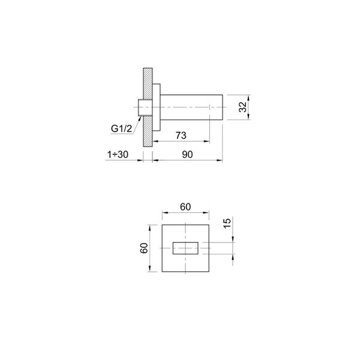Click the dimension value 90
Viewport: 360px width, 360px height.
pyautogui.click(x=187, y=154)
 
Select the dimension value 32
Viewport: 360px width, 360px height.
pyautogui.click(x=243, y=108)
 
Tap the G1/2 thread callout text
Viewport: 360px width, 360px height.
pyautogui.click(x=120, y=127)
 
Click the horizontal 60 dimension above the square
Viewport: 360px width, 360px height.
pyautogui.click(x=185, y=207)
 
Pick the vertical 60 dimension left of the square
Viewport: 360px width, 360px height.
pyautogui.click(x=144, y=248)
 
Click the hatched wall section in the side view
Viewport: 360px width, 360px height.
pyautogui.click(x=146, y=108)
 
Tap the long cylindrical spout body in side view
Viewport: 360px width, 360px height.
pyautogui.click(x=192, y=108)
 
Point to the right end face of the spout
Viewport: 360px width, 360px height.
pyautogui.click(x=223, y=108)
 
